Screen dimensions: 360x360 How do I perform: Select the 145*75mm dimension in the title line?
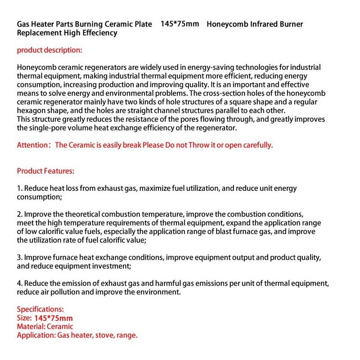pyautogui.click(x=180, y=23)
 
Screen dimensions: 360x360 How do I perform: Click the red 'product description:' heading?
pyautogui.click(x=49, y=50)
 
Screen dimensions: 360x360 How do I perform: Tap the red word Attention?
pyautogui.click(x=32, y=145)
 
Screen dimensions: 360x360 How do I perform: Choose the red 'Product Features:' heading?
pyautogui.click(x=45, y=171)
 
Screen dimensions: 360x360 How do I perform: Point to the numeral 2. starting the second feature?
pyautogui.click(x=20, y=214)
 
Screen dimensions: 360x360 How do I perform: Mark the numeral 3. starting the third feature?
pyautogui.click(x=20, y=257)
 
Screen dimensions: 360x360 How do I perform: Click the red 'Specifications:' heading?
pyautogui.click(x=40, y=310)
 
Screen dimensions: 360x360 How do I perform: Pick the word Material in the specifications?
pyautogui.click(x=31, y=327)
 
